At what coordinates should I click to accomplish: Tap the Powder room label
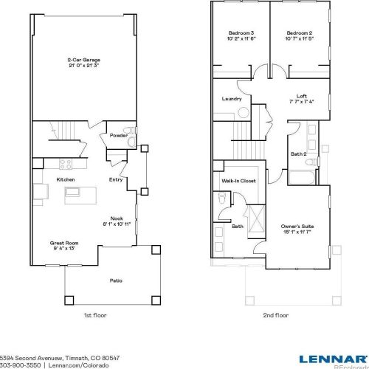click(x=118, y=136)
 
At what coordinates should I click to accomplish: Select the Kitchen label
click(x=65, y=179)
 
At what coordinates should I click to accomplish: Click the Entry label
click(x=116, y=179)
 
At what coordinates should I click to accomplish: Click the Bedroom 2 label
click(x=299, y=34)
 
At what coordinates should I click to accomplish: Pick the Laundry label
click(x=232, y=98)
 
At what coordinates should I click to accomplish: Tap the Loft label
click(x=301, y=95)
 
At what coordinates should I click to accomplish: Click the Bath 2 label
click(x=298, y=154)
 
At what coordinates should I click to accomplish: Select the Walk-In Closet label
click(x=238, y=180)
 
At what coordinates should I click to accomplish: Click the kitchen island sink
click(x=72, y=192)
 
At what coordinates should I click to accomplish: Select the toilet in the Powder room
click(x=129, y=132)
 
